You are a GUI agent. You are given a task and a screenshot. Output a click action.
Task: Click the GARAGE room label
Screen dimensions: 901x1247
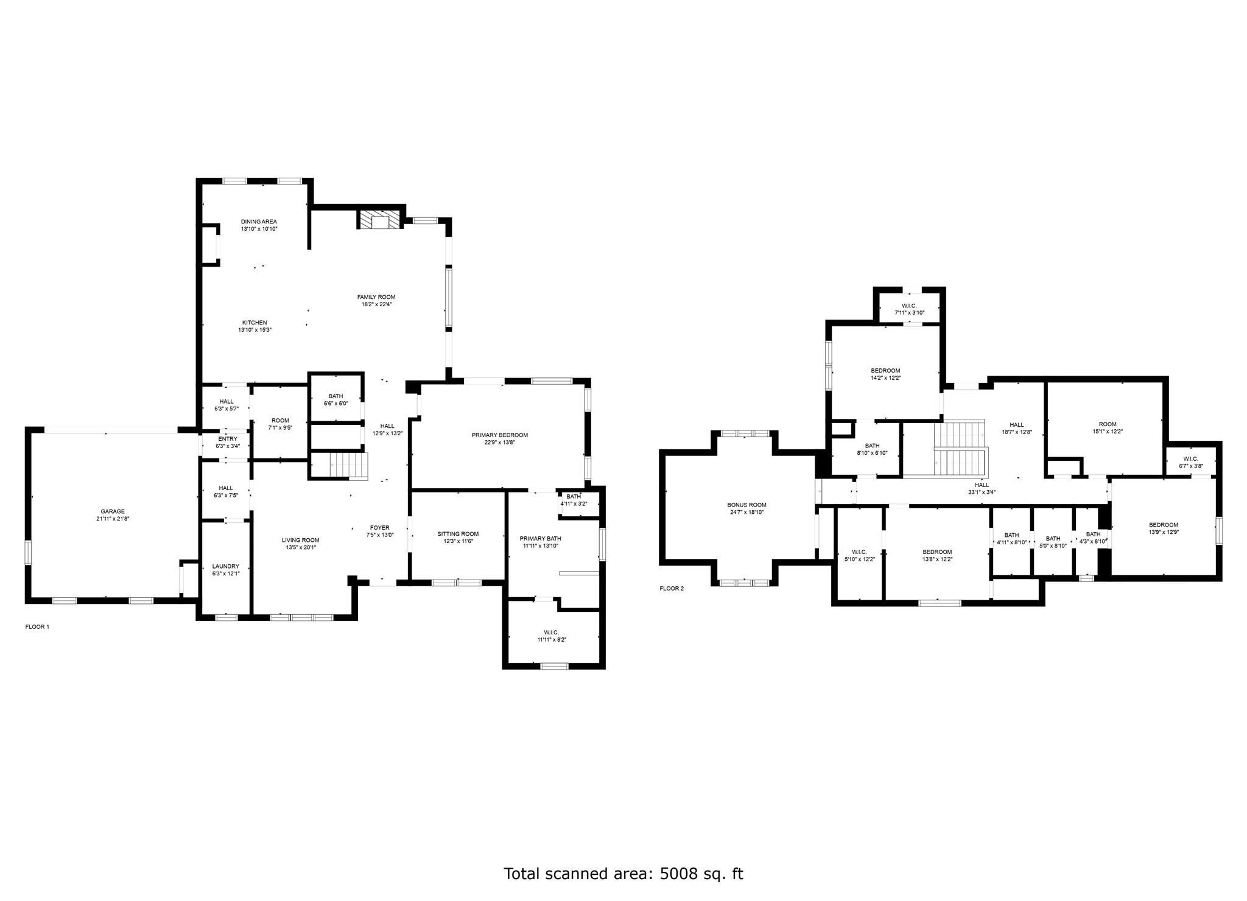(113, 511)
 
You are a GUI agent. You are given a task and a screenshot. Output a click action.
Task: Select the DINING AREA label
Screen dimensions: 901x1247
(259, 222)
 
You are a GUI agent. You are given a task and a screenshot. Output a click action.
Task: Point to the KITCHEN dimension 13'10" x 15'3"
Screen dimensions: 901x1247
(255, 330)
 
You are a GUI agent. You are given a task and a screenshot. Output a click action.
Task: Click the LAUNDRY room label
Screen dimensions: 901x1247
(225, 566)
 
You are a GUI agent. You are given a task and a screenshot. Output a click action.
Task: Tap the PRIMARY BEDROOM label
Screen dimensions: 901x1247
(499, 435)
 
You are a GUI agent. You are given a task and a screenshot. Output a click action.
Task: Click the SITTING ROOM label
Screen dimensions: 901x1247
(458, 534)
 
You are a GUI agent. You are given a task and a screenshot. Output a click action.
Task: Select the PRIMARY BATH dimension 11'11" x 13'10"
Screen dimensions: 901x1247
(541, 546)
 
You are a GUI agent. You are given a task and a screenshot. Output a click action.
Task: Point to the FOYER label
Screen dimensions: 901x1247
(380, 528)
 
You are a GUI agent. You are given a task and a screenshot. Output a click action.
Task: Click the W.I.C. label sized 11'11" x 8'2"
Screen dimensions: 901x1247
(548, 633)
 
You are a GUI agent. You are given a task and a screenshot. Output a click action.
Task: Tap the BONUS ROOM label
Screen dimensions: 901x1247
(746, 505)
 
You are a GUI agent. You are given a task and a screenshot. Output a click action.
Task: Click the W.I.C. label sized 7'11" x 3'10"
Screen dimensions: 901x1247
(909, 306)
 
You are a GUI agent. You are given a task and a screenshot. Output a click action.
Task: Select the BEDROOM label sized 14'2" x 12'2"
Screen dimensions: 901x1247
(885, 371)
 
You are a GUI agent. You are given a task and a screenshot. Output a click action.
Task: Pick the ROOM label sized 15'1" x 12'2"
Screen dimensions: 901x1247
(1108, 424)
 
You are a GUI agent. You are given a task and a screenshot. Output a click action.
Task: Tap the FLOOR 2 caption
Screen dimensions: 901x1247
(672, 589)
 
